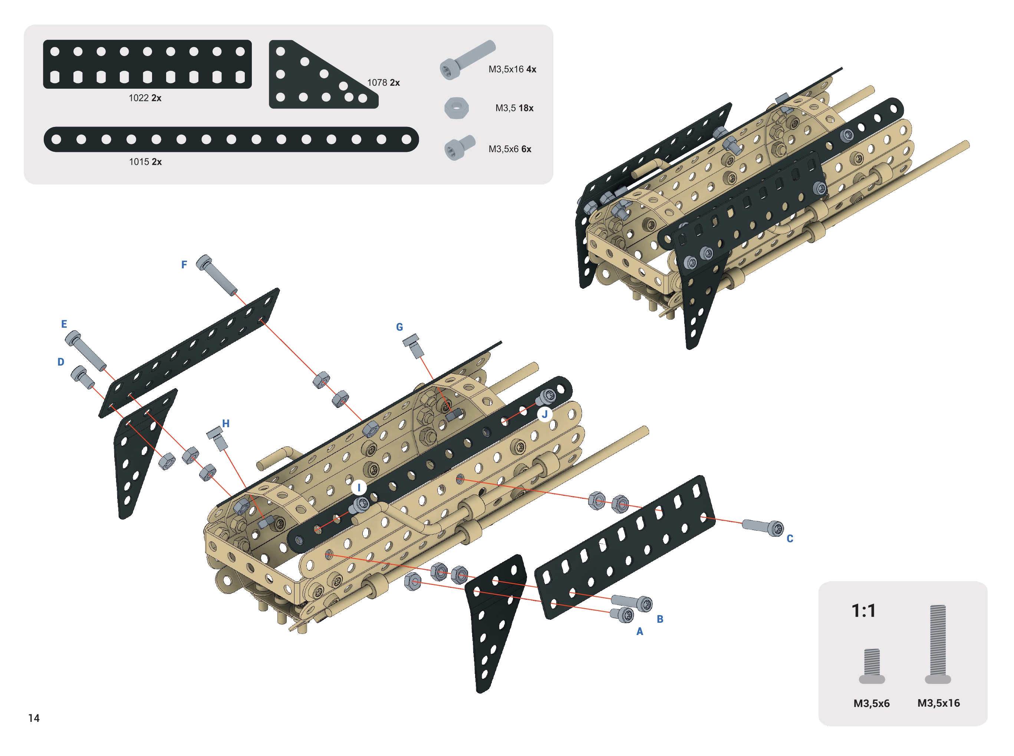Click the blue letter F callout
(184, 265)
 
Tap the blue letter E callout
(64, 324)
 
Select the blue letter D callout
(61, 362)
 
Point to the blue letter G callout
(399, 327)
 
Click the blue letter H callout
(226, 423)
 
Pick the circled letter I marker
(359, 488)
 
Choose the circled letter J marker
(544, 414)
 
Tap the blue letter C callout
(790, 539)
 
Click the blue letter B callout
(660, 619)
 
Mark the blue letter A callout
(640, 632)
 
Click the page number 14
(34, 718)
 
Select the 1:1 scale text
(863, 611)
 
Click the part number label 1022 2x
(145, 98)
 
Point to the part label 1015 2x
(145, 161)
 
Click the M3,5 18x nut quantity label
(514, 108)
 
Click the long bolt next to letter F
(217, 275)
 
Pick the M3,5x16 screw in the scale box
(938, 644)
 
